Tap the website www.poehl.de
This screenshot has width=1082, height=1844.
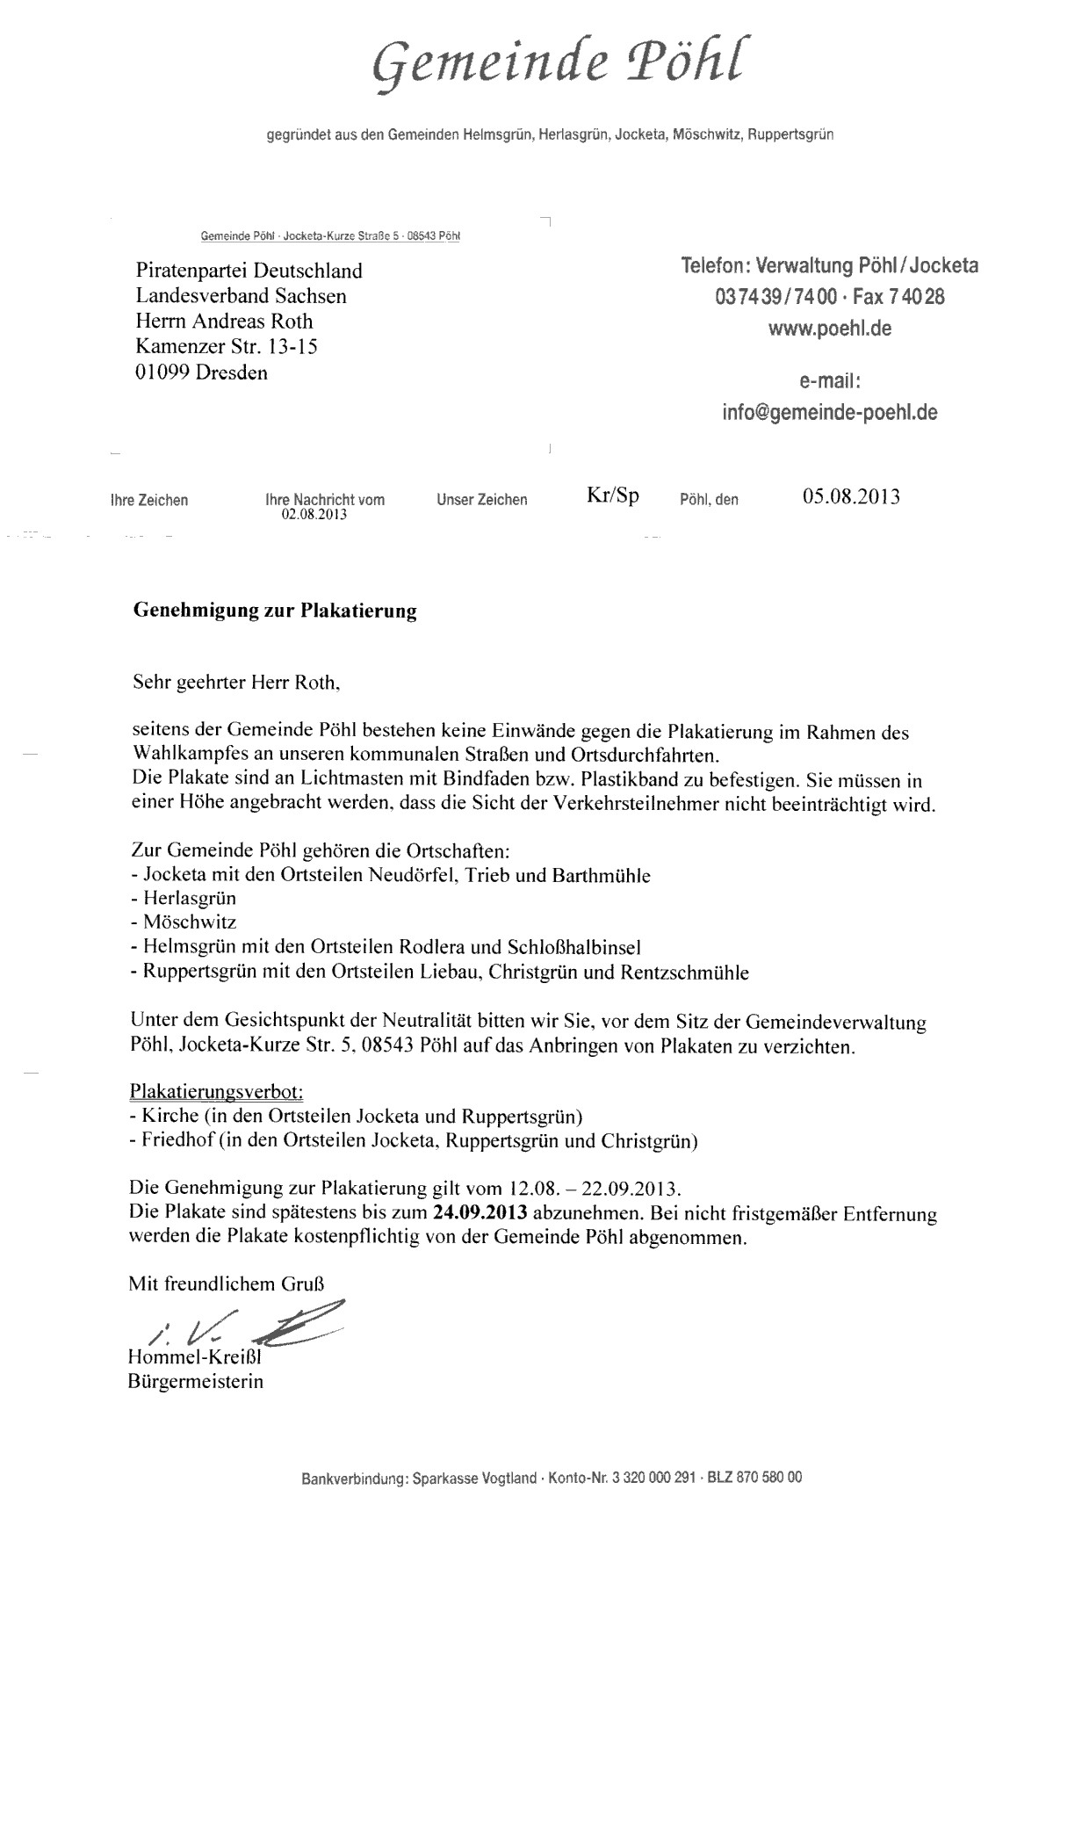[x=830, y=329]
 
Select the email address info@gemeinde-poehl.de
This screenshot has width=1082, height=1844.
[x=830, y=412]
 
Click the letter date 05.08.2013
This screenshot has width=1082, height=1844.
[x=850, y=497]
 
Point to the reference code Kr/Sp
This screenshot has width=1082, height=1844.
[x=612, y=495]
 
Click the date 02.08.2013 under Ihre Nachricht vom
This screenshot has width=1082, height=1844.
[x=314, y=515]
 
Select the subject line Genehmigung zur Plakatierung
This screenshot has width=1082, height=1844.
[x=274, y=611]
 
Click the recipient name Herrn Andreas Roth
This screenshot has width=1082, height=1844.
[x=224, y=322]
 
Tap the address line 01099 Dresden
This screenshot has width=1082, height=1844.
[x=201, y=372]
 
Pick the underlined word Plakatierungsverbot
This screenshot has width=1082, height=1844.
[x=216, y=1092]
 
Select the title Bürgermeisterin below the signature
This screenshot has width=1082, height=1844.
[x=195, y=1381]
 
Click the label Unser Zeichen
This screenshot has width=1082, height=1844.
[x=481, y=500]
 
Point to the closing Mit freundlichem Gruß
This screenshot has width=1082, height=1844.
[x=232, y=1284]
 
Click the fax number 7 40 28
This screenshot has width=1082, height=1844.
[x=920, y=297]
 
